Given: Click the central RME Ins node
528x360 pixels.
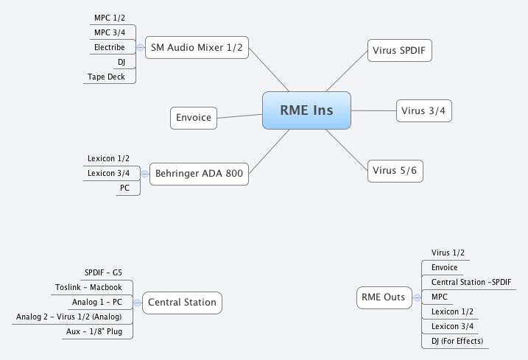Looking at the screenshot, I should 306,110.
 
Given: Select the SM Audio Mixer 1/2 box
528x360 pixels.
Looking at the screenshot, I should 197,48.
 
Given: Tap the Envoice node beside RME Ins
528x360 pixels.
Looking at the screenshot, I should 194,117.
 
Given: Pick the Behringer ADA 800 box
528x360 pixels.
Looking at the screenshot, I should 199,174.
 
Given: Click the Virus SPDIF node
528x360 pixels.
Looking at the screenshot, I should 399,51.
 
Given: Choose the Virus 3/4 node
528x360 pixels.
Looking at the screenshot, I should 423,111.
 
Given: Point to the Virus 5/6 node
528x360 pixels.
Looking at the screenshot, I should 395,171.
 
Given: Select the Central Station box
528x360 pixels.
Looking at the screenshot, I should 182,302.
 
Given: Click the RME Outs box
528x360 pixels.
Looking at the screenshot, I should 382,297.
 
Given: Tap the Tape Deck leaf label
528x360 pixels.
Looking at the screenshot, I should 106,77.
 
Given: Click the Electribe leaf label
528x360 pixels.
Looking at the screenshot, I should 109,47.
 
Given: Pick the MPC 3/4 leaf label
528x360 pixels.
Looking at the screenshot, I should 110,32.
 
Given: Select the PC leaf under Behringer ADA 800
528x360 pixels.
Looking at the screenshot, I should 125,188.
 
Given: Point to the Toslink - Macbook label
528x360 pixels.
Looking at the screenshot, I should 88,287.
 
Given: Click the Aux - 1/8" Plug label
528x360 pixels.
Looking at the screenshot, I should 99,331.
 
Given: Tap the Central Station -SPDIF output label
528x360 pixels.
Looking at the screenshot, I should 468,282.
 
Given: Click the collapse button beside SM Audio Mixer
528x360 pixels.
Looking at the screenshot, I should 140,47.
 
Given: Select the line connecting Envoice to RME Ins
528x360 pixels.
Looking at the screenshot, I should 240,115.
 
